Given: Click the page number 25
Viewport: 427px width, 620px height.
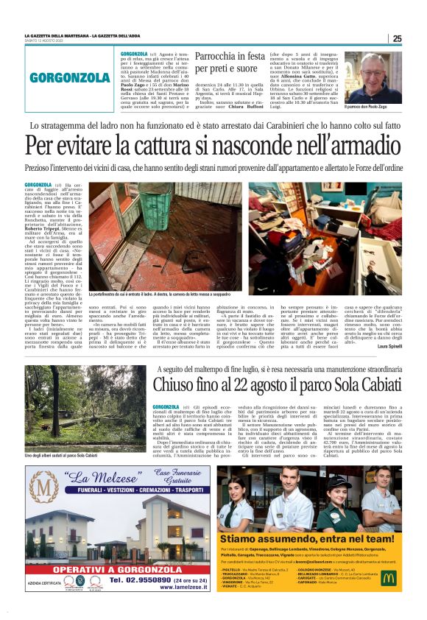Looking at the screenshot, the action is point(396,38).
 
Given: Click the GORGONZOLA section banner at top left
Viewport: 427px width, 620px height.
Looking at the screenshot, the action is point(71,77).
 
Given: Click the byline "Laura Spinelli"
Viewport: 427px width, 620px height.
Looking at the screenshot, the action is point(389,346).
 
